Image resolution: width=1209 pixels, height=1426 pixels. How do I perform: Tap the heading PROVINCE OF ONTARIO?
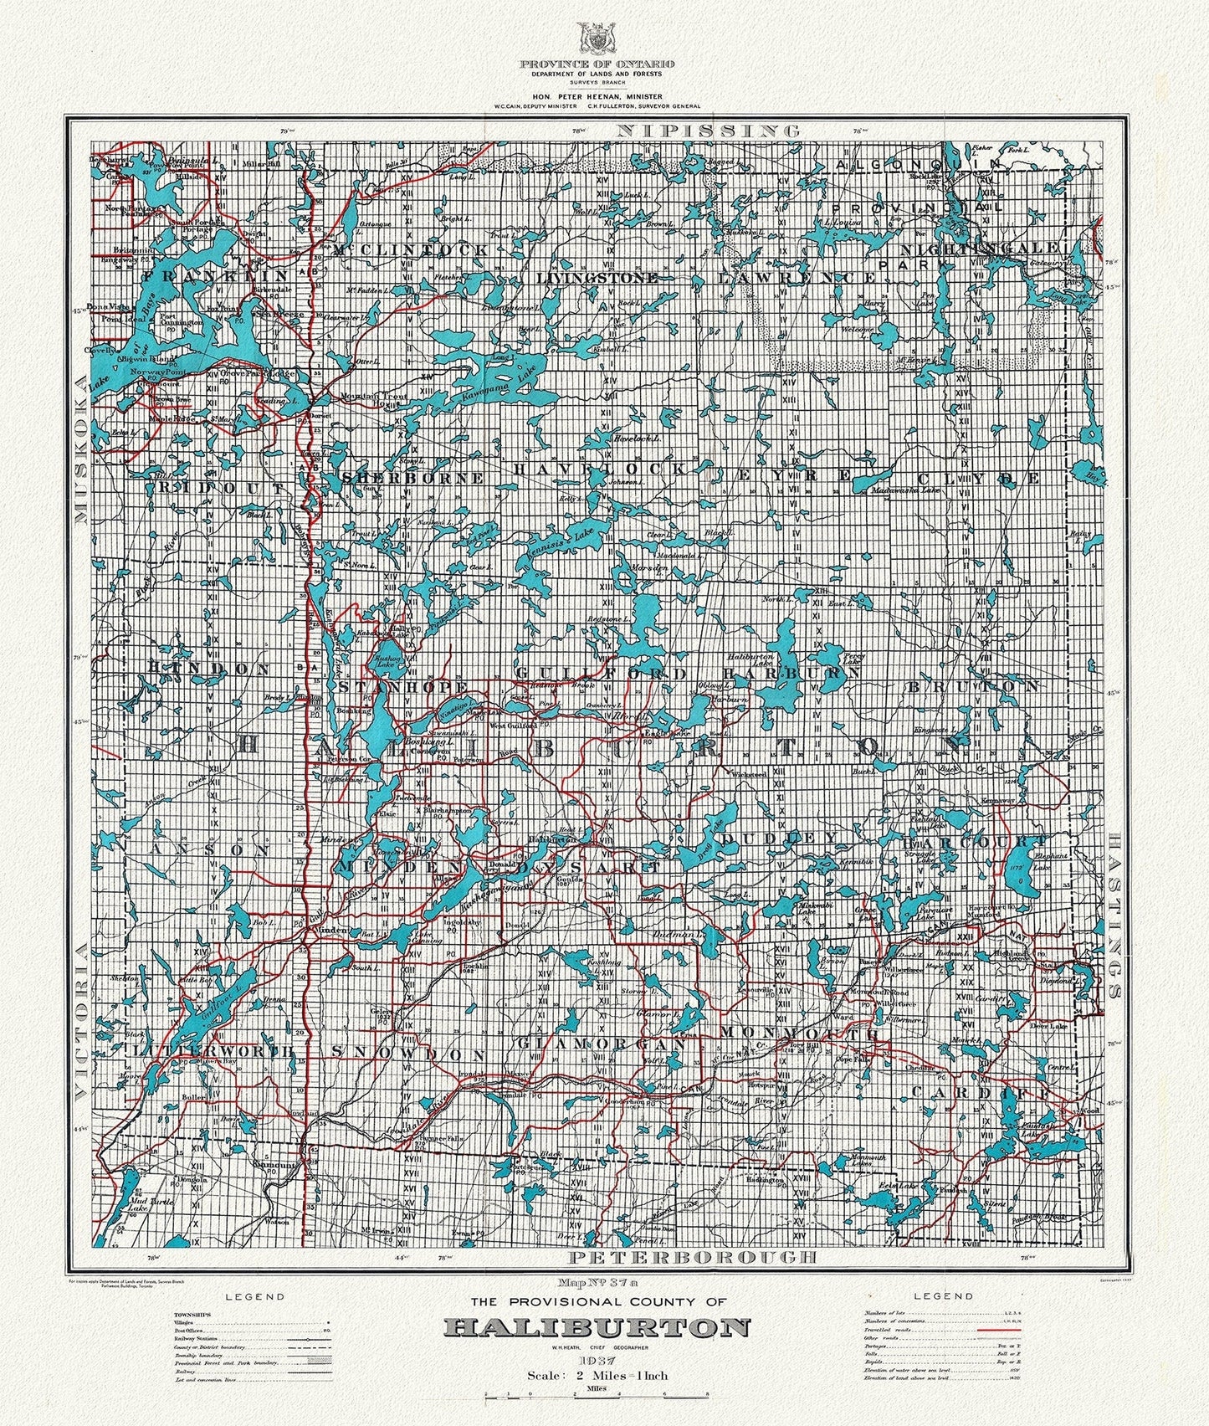coord(597,64)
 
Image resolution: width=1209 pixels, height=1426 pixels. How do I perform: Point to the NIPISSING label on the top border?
coord(708,131)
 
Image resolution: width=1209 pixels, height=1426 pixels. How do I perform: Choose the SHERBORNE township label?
coord(413,478)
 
